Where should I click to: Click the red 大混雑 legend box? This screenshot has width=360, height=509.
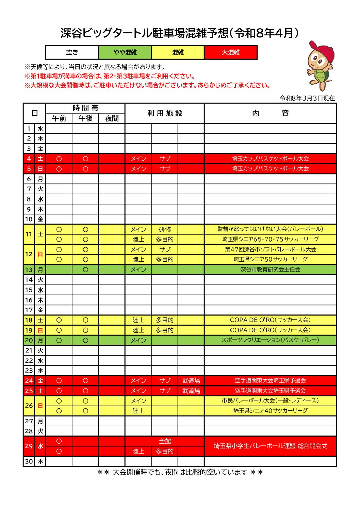point(231,52)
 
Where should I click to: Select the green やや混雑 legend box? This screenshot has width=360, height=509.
point(125,52)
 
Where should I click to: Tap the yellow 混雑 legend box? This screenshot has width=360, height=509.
point(178,52)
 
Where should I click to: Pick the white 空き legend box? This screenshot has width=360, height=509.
point(72,52)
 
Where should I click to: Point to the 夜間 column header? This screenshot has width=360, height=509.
point(112,118)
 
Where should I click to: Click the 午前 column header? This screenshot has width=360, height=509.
point(59,118)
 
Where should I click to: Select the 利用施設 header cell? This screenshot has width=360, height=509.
point(165,113)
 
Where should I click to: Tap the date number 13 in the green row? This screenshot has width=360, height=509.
point(29,270)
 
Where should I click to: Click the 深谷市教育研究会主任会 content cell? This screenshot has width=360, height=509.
point(270,269)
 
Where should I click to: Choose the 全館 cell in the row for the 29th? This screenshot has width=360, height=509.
point(165,441)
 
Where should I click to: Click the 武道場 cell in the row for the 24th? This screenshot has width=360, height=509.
point(191,381)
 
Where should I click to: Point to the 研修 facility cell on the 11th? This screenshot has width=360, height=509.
point(165,230)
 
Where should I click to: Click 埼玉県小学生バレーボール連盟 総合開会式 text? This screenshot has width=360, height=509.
point(270,446)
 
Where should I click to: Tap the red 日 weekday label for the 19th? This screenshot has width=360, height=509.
point(40,330)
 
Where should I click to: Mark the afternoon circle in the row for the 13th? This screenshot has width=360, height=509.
point(85,270)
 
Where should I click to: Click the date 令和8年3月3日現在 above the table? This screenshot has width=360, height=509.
point(307,98)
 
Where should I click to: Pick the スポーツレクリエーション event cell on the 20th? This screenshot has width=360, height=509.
point(270,340)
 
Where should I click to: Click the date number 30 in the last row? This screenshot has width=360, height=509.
point(29,462)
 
